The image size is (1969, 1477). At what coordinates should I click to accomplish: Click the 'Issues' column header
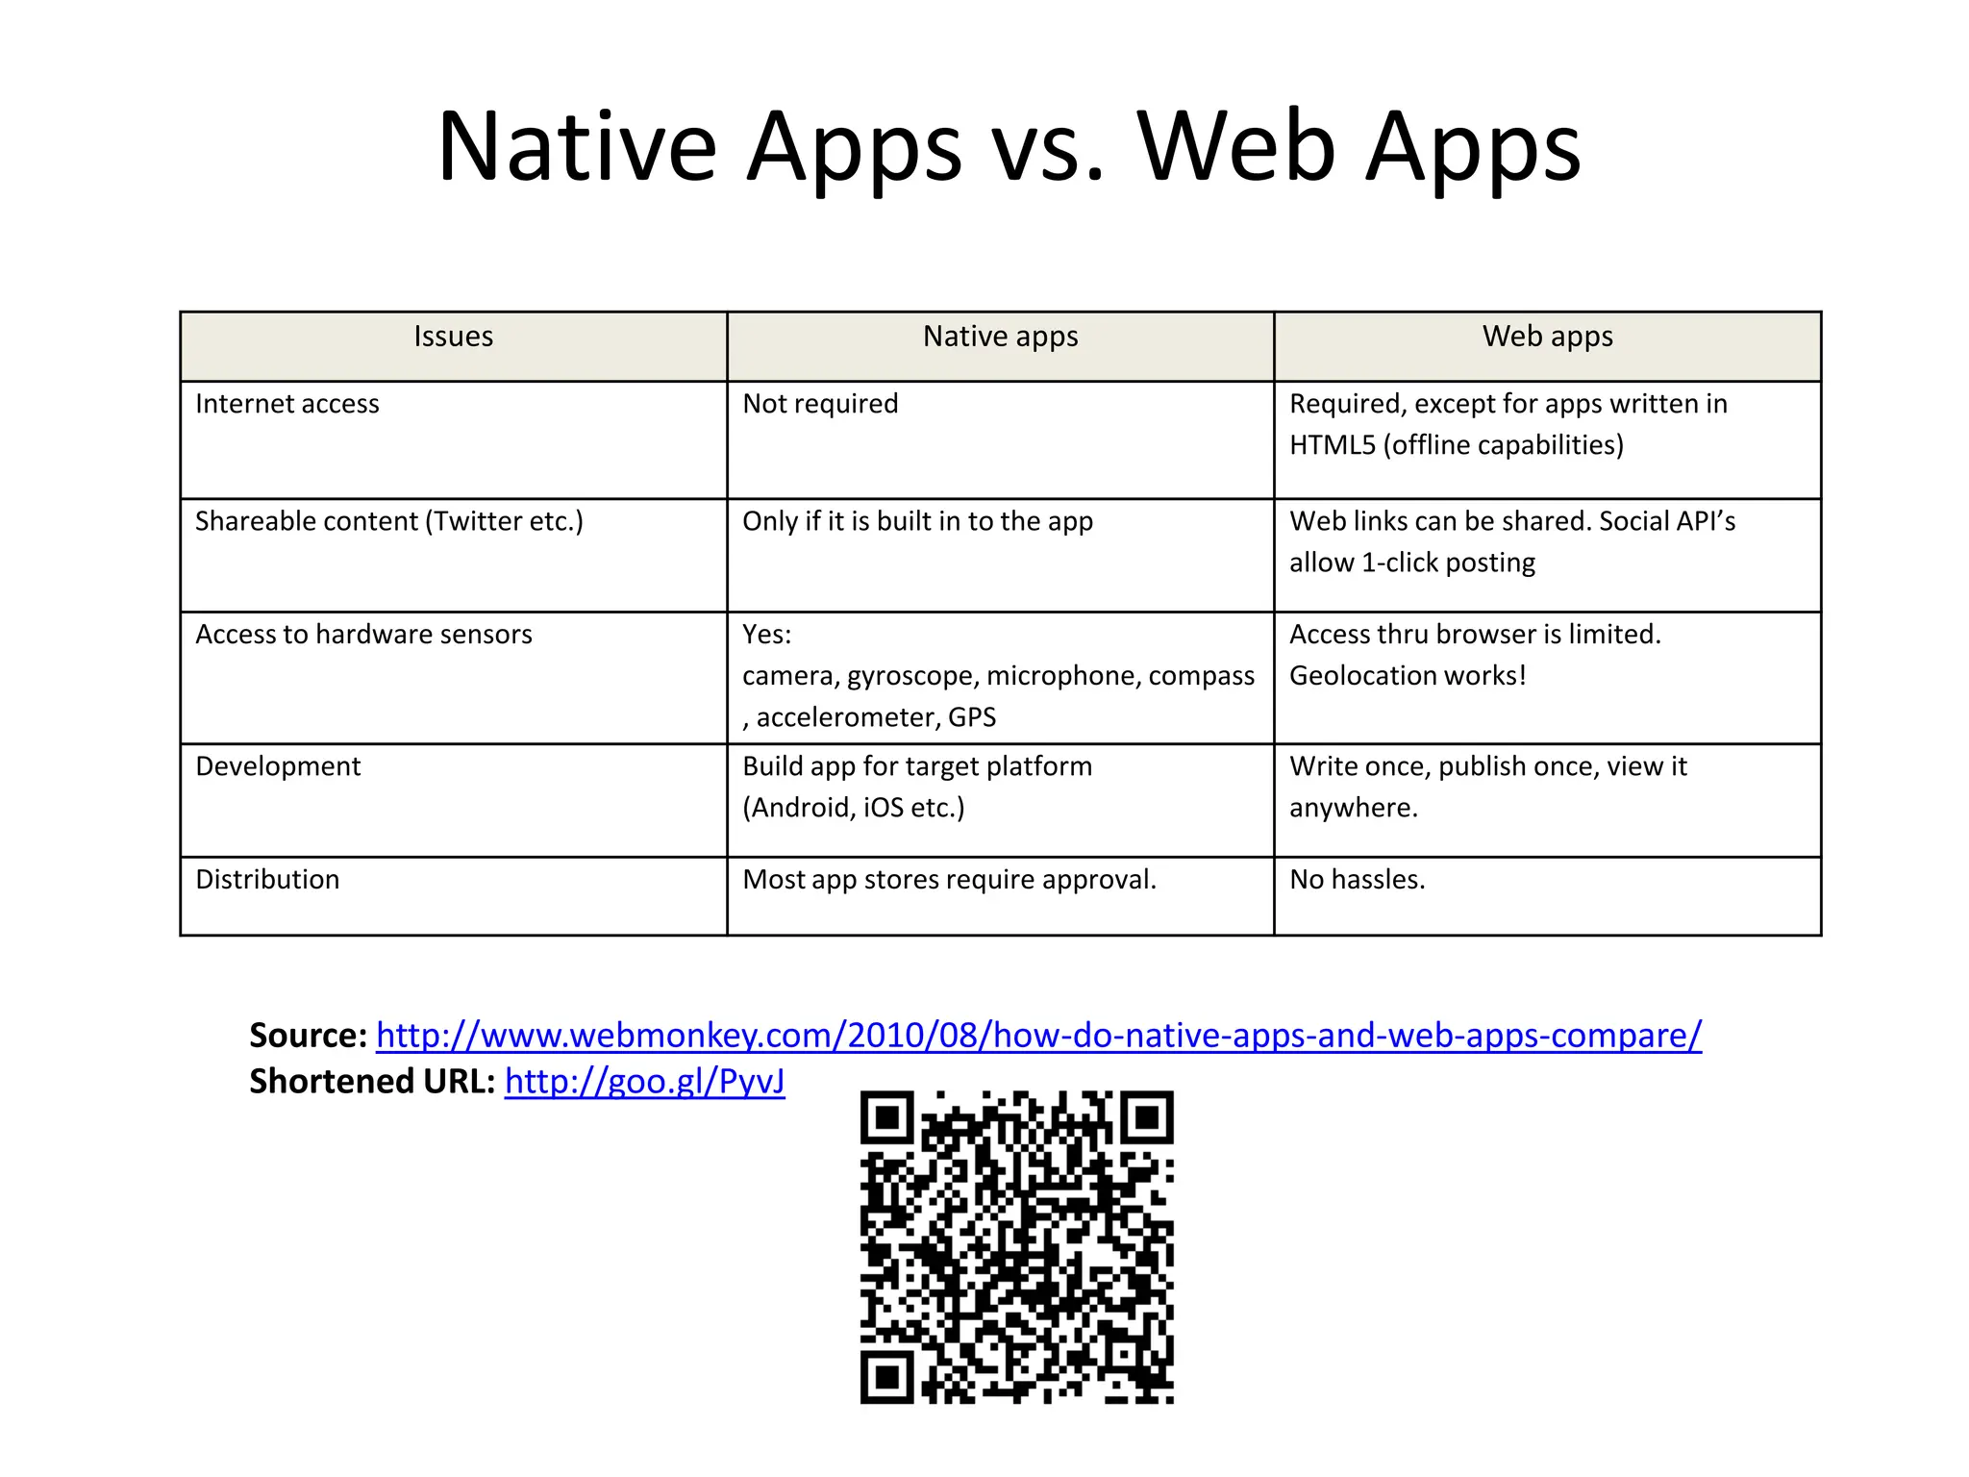pos(453,337)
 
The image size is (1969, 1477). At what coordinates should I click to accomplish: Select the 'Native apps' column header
pos(1000,337)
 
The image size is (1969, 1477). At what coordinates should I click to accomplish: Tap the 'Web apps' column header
pos(1547,337)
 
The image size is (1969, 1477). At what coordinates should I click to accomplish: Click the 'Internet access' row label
pos(287,404)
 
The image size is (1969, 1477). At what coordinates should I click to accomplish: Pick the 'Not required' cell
pos(820,404)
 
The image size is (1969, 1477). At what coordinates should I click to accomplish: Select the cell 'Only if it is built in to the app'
pos(917,521)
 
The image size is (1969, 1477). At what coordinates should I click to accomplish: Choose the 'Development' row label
pos(278,766)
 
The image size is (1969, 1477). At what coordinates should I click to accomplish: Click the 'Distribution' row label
pos(267,880)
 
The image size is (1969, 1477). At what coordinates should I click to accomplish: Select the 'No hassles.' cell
pos(1357,880)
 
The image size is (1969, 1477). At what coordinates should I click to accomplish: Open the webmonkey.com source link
pos(1038,1036)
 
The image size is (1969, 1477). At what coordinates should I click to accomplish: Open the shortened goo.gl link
pos(644,1082)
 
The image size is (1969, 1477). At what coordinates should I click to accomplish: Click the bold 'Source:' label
pos(308,1036)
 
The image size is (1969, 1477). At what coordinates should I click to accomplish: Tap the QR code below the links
pos(1016,1247)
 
